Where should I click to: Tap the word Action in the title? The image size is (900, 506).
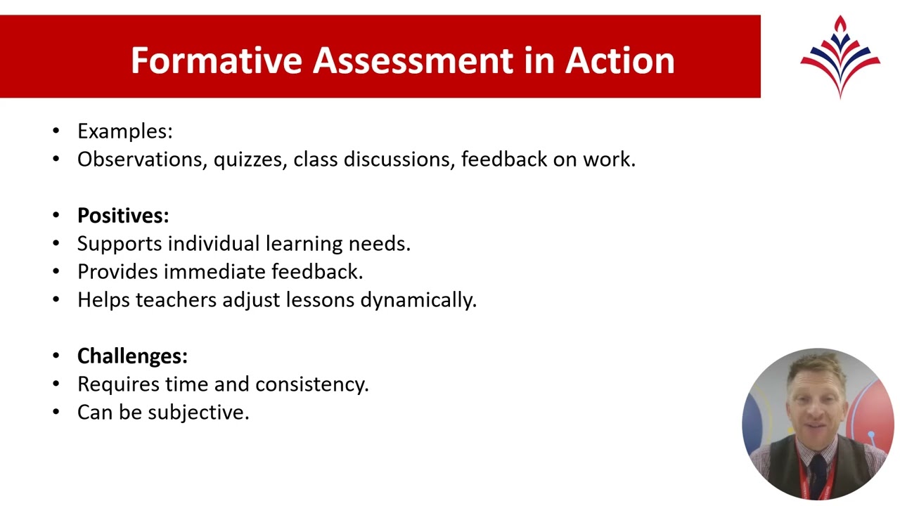coord(619,60)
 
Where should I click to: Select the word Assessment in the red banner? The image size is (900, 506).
coord(413,60)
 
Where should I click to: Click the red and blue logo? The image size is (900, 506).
coord(840,56)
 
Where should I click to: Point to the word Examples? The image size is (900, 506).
coord(124,131)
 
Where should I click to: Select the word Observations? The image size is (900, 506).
coord(142,160)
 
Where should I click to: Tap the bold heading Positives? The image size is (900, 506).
coord(122,216)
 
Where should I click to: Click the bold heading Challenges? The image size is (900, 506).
coord(131,356)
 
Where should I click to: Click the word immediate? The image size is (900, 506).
coord(214,272)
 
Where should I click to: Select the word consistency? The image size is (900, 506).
coord(311,384)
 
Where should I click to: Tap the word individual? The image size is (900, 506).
coord(214,244)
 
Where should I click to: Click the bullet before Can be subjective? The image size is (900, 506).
coord(56,413)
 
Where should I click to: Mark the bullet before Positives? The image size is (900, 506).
coord(56,216)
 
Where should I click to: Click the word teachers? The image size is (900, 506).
coord(176,300)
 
